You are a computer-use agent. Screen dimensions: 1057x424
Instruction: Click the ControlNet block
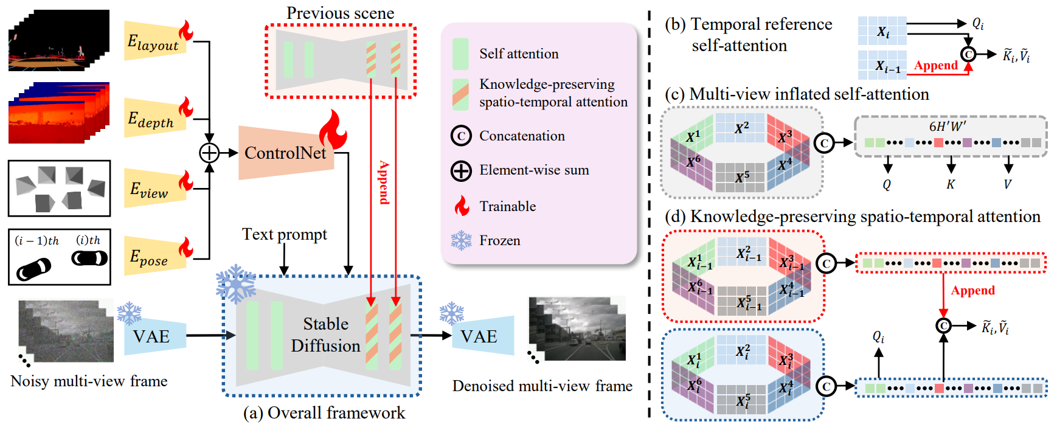(286, 153)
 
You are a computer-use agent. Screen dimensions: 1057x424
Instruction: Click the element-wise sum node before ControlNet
(209, 153)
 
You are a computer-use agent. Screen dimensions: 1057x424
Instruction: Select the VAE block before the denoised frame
(483, 336)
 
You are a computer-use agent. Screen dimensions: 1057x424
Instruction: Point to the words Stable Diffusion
(325, 335)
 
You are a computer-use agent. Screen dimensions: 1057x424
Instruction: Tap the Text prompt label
(285, 234)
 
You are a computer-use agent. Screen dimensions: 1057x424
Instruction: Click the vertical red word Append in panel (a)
(384, 182)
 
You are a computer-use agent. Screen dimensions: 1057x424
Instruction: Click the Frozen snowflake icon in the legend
(461, 240)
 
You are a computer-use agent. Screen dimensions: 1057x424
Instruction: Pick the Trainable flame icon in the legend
(462, 206)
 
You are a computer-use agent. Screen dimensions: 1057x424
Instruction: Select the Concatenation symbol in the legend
(461, 136)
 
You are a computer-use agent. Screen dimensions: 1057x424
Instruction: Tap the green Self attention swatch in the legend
(460, 54)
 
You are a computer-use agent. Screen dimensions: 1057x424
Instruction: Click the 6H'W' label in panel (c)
(948, 126)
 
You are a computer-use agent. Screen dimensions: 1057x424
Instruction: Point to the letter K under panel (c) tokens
(951, 184)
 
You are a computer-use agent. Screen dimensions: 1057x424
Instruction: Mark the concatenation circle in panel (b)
(968, 54)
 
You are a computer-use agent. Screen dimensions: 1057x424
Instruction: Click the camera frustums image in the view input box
(60, 188)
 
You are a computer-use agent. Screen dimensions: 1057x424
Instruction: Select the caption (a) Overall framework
(324, 412)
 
